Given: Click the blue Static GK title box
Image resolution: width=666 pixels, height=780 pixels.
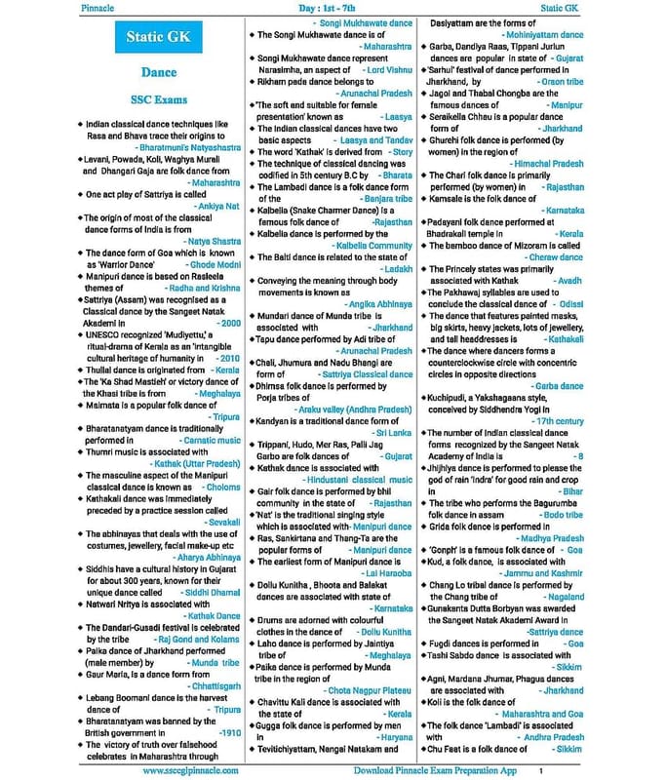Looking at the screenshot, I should (x=158, y=38).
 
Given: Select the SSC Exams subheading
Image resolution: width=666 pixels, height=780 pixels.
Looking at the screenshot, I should (x=158, y=99).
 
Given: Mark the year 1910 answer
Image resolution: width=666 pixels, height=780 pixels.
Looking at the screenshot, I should (x=230, y=731).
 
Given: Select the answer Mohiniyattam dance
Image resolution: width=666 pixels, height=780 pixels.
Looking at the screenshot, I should (x=532, y=35).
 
